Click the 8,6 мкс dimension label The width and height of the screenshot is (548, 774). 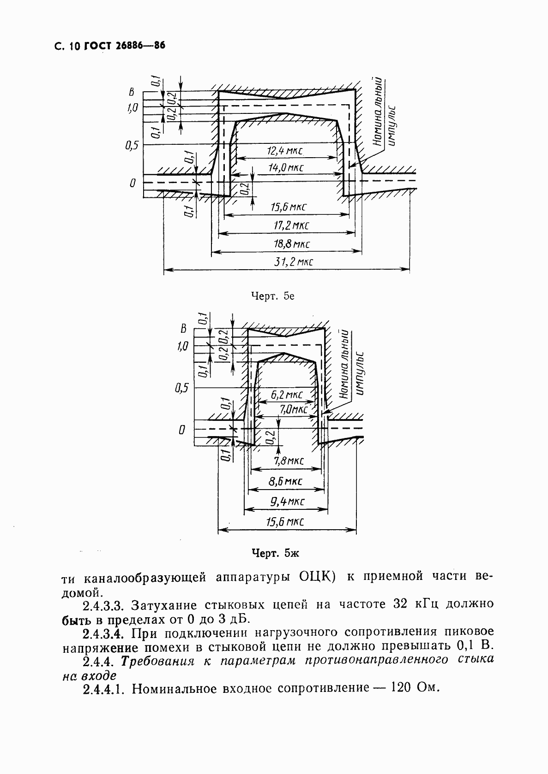pos(285,481)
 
